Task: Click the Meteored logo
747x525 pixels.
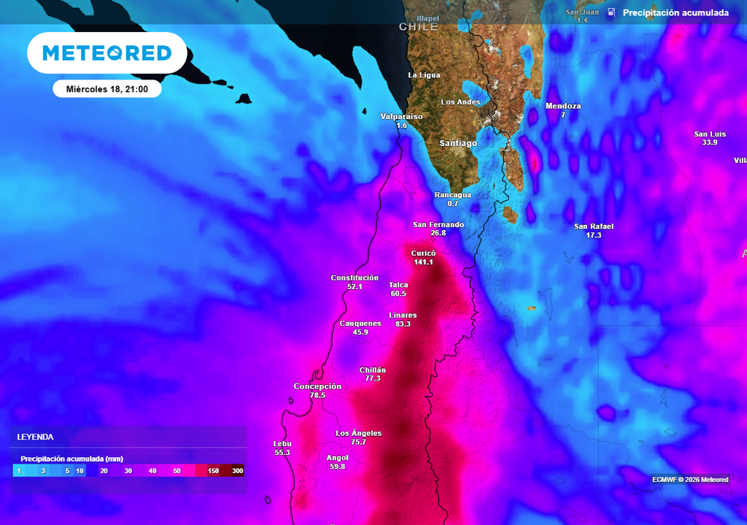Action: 107,53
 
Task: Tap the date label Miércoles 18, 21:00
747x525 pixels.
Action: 107,89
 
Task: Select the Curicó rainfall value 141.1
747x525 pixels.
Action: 423,262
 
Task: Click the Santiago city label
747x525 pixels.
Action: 458,143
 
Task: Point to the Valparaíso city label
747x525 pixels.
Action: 401,116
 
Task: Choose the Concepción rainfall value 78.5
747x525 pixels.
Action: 317,395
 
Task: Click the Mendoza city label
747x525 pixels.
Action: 563,106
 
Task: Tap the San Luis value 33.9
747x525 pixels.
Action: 710,142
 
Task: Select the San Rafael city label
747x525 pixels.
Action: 594,226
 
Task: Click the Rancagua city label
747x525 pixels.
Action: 453,195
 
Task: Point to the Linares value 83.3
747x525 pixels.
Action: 403,324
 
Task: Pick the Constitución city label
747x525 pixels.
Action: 355,277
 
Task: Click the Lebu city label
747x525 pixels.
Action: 282,443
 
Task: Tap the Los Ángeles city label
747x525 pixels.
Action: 358,433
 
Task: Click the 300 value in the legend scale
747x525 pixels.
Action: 237,471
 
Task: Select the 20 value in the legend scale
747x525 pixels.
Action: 104,471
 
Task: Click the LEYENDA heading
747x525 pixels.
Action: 35,437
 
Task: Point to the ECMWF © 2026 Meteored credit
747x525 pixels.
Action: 690,480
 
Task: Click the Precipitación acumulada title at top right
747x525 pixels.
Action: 676,13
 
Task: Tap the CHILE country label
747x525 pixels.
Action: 418,27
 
